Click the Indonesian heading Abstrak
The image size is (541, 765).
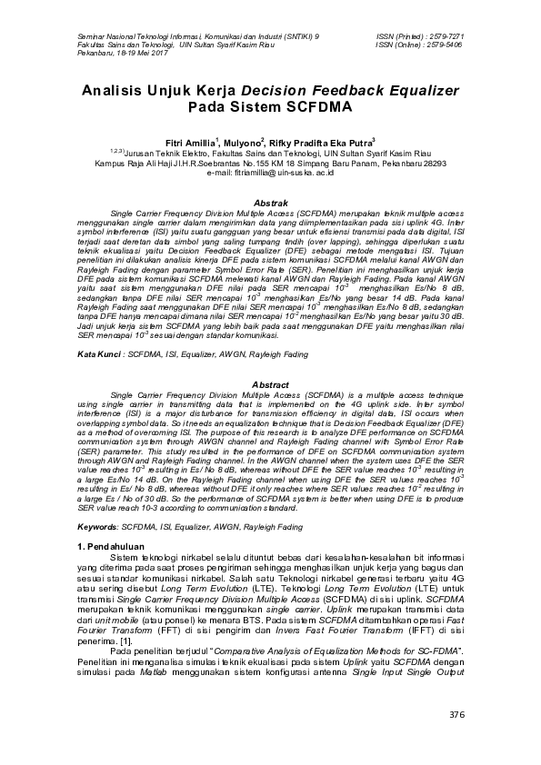[x=270, y=201]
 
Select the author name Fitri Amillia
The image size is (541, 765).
[x=190, y=143]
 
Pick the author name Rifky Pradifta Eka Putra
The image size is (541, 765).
[x=313, y=143]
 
